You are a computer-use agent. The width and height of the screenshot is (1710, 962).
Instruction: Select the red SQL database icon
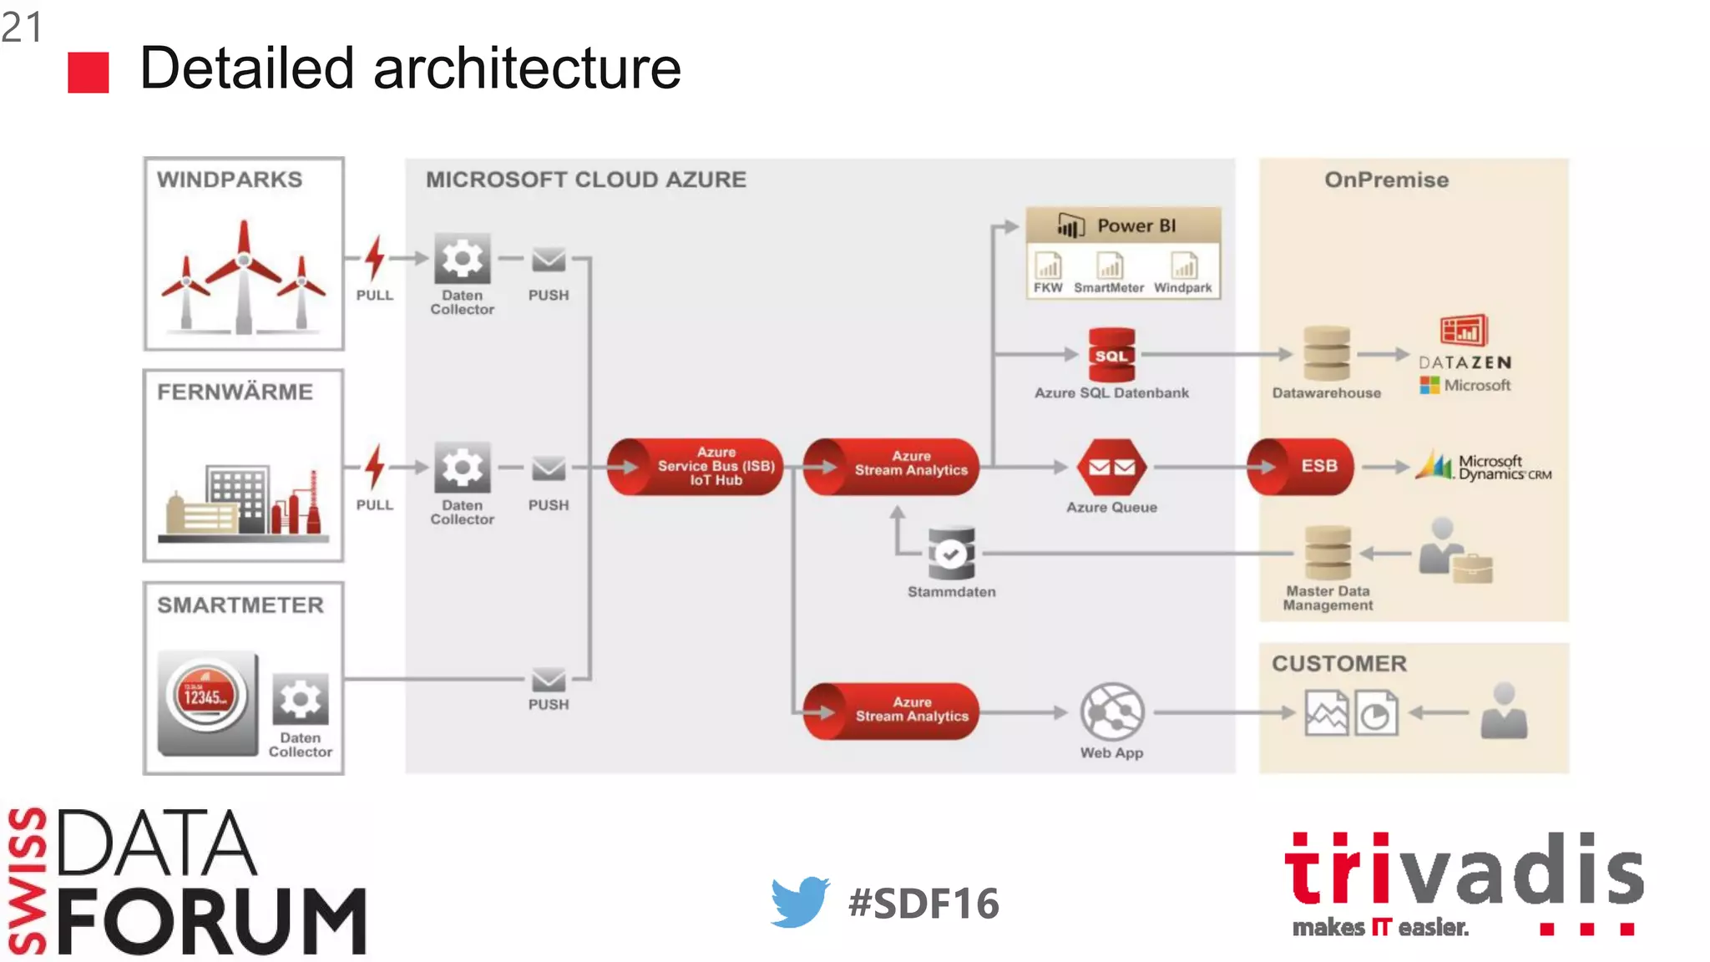(x=1111, y=355)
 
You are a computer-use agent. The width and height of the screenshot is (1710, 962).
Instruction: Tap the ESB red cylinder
(x=1301, y=467)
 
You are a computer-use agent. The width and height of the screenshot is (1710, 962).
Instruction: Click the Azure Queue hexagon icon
(x=1111, y=467)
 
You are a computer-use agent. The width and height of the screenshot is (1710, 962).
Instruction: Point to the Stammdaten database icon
(x=951, y=554)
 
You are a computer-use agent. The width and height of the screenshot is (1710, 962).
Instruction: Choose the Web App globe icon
(x=1111, y=711)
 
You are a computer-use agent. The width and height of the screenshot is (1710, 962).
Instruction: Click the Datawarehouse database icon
(x=1326, y=354)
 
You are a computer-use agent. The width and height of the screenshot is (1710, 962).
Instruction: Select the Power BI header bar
(x=1123, y=225)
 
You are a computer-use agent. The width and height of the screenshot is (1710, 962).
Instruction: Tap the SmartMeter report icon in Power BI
(x=1109, y=267)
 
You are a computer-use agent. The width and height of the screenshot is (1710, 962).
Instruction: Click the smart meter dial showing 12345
(x=206, y=696)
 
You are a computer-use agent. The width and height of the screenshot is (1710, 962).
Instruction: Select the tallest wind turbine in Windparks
(x=244, y=276)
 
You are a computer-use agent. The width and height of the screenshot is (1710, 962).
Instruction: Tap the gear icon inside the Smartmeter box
(x=301, y=699)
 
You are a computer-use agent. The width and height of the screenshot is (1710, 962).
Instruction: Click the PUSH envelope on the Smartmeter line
(x=549, y=679)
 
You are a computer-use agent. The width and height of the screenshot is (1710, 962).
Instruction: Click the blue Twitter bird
(x=799, y=902)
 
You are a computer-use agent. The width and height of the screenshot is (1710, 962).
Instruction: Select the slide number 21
(x=22, y=27)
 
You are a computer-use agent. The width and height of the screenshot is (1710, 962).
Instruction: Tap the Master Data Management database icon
(x=1328, y=553)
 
